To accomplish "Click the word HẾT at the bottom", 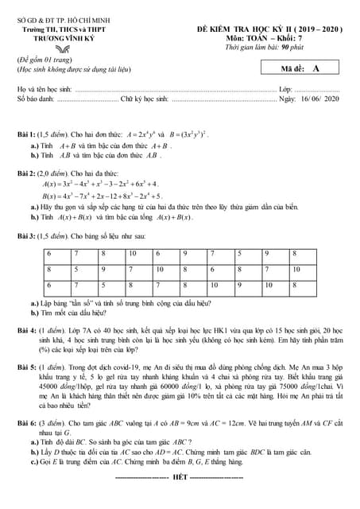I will [x=180, y=477].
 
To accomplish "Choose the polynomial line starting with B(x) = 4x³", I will [x=103, y=196].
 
